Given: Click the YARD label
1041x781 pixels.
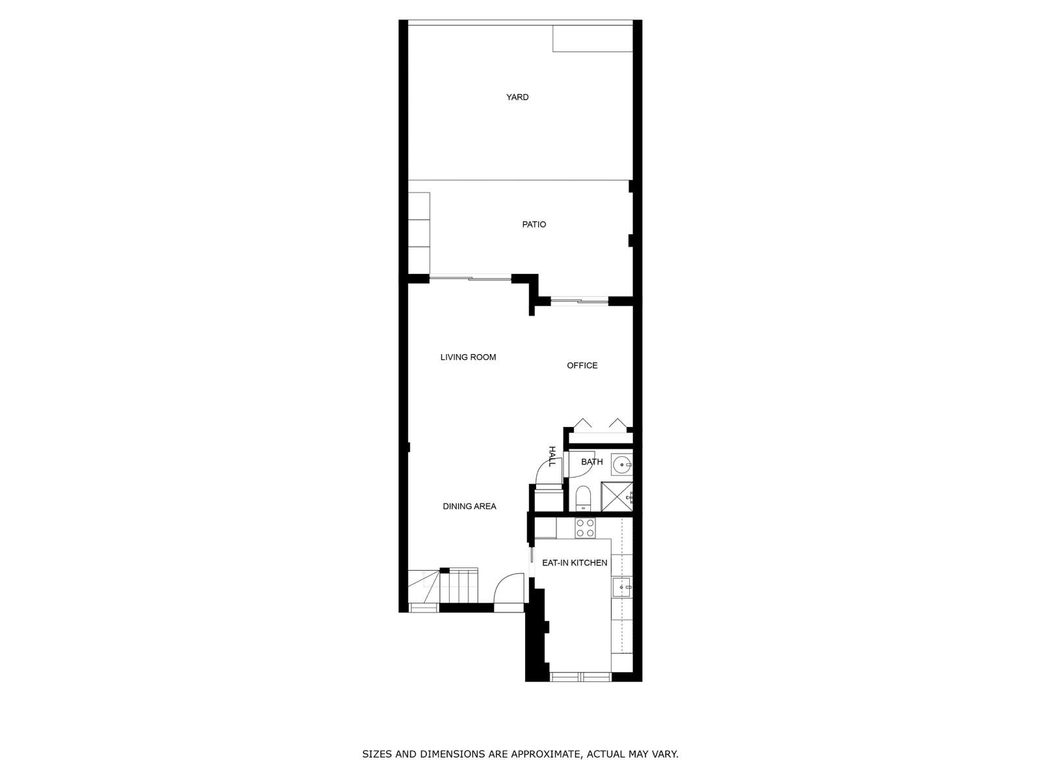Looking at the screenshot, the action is (x=517, y=97).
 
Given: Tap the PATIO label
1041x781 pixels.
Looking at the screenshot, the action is (x=534, y=225).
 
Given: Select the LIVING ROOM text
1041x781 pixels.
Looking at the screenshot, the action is (x=468, y=357).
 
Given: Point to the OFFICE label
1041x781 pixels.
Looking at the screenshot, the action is (x=582, y=366).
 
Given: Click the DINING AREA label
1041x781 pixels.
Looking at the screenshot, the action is (x=470, y=506).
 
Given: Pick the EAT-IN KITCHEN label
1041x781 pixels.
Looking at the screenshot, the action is (x=575, y=563).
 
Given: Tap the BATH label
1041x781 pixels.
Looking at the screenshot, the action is (x=592, y=462).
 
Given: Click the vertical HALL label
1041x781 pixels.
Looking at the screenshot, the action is (x=552, y=456).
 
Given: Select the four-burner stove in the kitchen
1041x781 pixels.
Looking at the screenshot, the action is (x=585, y=528).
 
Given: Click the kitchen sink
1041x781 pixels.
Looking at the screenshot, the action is (x=622, y=588).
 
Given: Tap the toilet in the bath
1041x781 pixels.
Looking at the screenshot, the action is (x=582, y=499).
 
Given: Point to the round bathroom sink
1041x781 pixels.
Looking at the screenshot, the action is (x=621, y=465).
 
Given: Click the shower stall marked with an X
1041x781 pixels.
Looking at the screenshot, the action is (x=617, y=497).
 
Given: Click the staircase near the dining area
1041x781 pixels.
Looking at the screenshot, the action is (x=443, y=586).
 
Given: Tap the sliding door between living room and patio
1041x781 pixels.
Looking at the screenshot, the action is (x=470, y=277).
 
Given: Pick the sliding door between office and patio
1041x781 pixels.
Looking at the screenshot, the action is (x=579, y=301).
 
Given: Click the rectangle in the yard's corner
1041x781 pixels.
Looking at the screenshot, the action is (x=592, y=38).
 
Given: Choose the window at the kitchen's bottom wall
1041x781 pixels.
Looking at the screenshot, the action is (x=580, y=677).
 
